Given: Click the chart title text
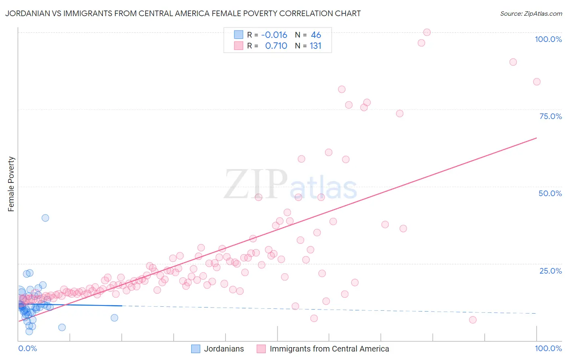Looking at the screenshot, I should (x=183, y=13).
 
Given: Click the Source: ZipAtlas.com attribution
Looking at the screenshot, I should (x=531, y=13).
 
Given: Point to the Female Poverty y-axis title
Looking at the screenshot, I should (x=11, y=184).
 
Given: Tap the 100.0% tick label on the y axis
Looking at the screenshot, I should (x=548, y=39).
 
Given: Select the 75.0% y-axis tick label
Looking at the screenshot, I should (x=550, y=116).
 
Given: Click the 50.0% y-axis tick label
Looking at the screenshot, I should (x=550, y=193).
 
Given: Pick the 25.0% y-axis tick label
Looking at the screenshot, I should (x=550, y=271).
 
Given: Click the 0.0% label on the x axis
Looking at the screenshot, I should (x=27, y=348).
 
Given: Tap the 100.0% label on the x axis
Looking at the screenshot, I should (x=548, y=348).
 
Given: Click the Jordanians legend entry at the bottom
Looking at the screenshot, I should (x=223, y=349).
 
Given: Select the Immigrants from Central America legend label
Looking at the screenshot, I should (x=329, y=349).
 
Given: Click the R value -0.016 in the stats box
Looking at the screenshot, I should (x=274, y=35).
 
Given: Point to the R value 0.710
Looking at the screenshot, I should (x=276, y=46).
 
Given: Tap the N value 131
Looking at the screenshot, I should (x=315, y=46).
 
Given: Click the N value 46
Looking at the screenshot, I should (x=316, y=35).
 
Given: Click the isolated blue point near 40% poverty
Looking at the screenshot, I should (x=46, y=218).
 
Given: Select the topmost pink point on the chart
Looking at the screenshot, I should (x=427, y=32).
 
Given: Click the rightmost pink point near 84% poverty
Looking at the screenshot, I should (x=537, y=82).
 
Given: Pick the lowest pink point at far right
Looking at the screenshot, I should (x=473, y=320).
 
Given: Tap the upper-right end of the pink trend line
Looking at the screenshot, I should (x=536, y=138).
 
